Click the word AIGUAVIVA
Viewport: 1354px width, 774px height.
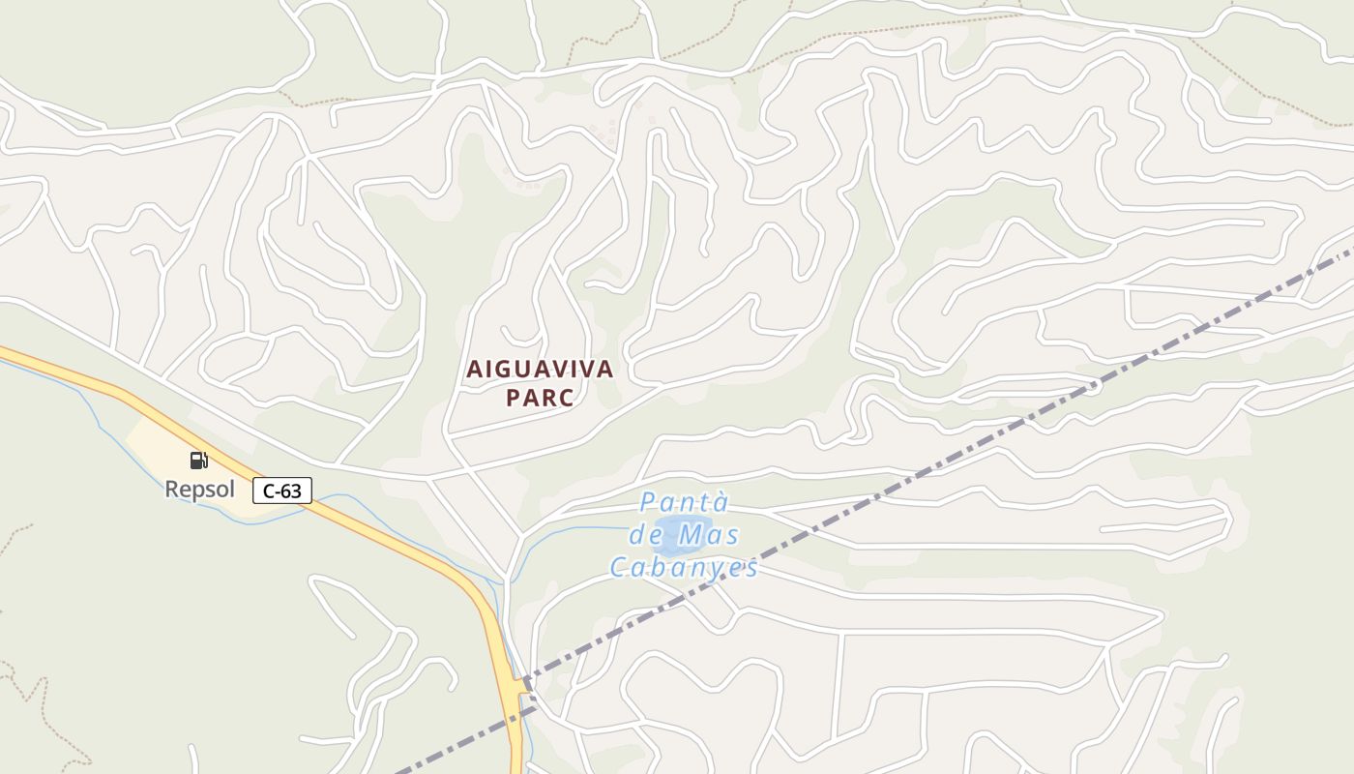pyautogui.click(x=540, y=369)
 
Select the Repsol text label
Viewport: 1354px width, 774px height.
pyautogui.click(x=199, y=489)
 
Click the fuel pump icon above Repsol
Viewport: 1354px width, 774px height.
pyautogui.click(x=198, y=460)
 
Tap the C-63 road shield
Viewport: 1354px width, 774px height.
pyautogui.click(x=282, y=491)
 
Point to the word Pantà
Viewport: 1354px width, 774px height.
pyautogui.click(x=684, y=503)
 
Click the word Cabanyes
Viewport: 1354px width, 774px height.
pyautogui.click(x=684, y=567)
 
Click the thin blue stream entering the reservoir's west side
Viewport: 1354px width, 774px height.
pyautogui.click(x=580, y=528)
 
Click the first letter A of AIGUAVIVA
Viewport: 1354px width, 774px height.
pyautogui.click(x=474, y=369)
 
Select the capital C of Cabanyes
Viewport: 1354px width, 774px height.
pyautogui.click(x=619, y=567)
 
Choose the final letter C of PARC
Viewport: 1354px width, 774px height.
pyautogui.click(x=565, y=398)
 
